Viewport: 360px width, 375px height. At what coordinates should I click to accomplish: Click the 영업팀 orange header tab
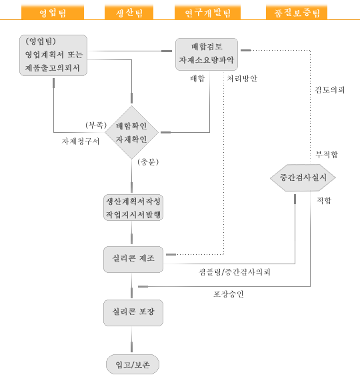pyautogui.click(x=53, y=12)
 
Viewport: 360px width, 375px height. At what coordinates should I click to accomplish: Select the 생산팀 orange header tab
pyautogui.click(x=129, y=12)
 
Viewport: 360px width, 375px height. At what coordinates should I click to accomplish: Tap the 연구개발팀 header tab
pyautogui.click(x=207, y=12)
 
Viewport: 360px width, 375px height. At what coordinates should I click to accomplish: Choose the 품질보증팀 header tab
pyautogui.click(x=297, y=12)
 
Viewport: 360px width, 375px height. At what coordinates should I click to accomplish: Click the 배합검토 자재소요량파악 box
pyautogui.click(x=207, y=54)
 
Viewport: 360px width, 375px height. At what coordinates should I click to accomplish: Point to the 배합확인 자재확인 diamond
pyautogui.click(x=131, y=132)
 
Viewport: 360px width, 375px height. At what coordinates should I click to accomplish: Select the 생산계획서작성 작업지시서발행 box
pyautogui.click(x=133, y=208)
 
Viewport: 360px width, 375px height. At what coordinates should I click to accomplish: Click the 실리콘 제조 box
pyautogui.click(x=133, y=260)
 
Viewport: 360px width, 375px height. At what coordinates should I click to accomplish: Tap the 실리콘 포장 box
pyautogui.click(x=133, y=313)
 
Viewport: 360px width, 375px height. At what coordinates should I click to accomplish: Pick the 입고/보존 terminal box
pyautogui.click(x=133, y=364)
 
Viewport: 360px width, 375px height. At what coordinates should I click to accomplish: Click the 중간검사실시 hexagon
pyautogui.click(x=303, y=177)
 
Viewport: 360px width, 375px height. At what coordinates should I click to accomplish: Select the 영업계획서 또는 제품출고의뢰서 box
pyautogui.click(x=53, y=55)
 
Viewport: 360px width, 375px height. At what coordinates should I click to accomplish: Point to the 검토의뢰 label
pyautogui.click(x=329, y=90)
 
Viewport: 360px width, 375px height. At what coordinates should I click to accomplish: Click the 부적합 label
pyautogui.click(x=327, y=155)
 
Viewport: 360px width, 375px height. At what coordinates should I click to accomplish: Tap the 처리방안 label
pyautogui.click(x=242, y=79)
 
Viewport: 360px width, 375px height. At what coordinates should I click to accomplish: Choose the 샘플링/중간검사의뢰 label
pyautogui.click(x=235, y=272)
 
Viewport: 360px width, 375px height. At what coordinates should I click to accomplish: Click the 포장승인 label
pyautogui.click(x=229, y=294)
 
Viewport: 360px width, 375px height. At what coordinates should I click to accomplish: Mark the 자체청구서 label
pyautogui.click(x=81, y=141)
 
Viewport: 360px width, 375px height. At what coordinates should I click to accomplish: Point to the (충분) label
pyautogui.click(x=148, y=162)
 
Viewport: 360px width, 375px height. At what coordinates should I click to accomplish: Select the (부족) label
pyautogui.click(x=96, y=125)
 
